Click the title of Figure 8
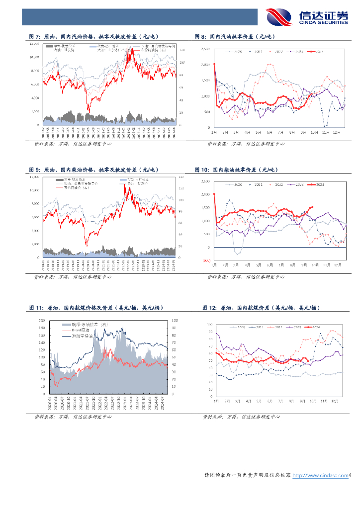(235, 37)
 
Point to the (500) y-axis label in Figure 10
(206, 260)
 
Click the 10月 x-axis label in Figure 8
(314, 133)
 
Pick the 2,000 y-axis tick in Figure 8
(205, 65)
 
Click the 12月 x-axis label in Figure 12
(338, 400)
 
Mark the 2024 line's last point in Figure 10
(312, 207)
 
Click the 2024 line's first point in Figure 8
(214, 64)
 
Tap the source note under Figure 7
(72, 144)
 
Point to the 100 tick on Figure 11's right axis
(173, 321)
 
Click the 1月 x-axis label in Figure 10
(214, 266)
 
